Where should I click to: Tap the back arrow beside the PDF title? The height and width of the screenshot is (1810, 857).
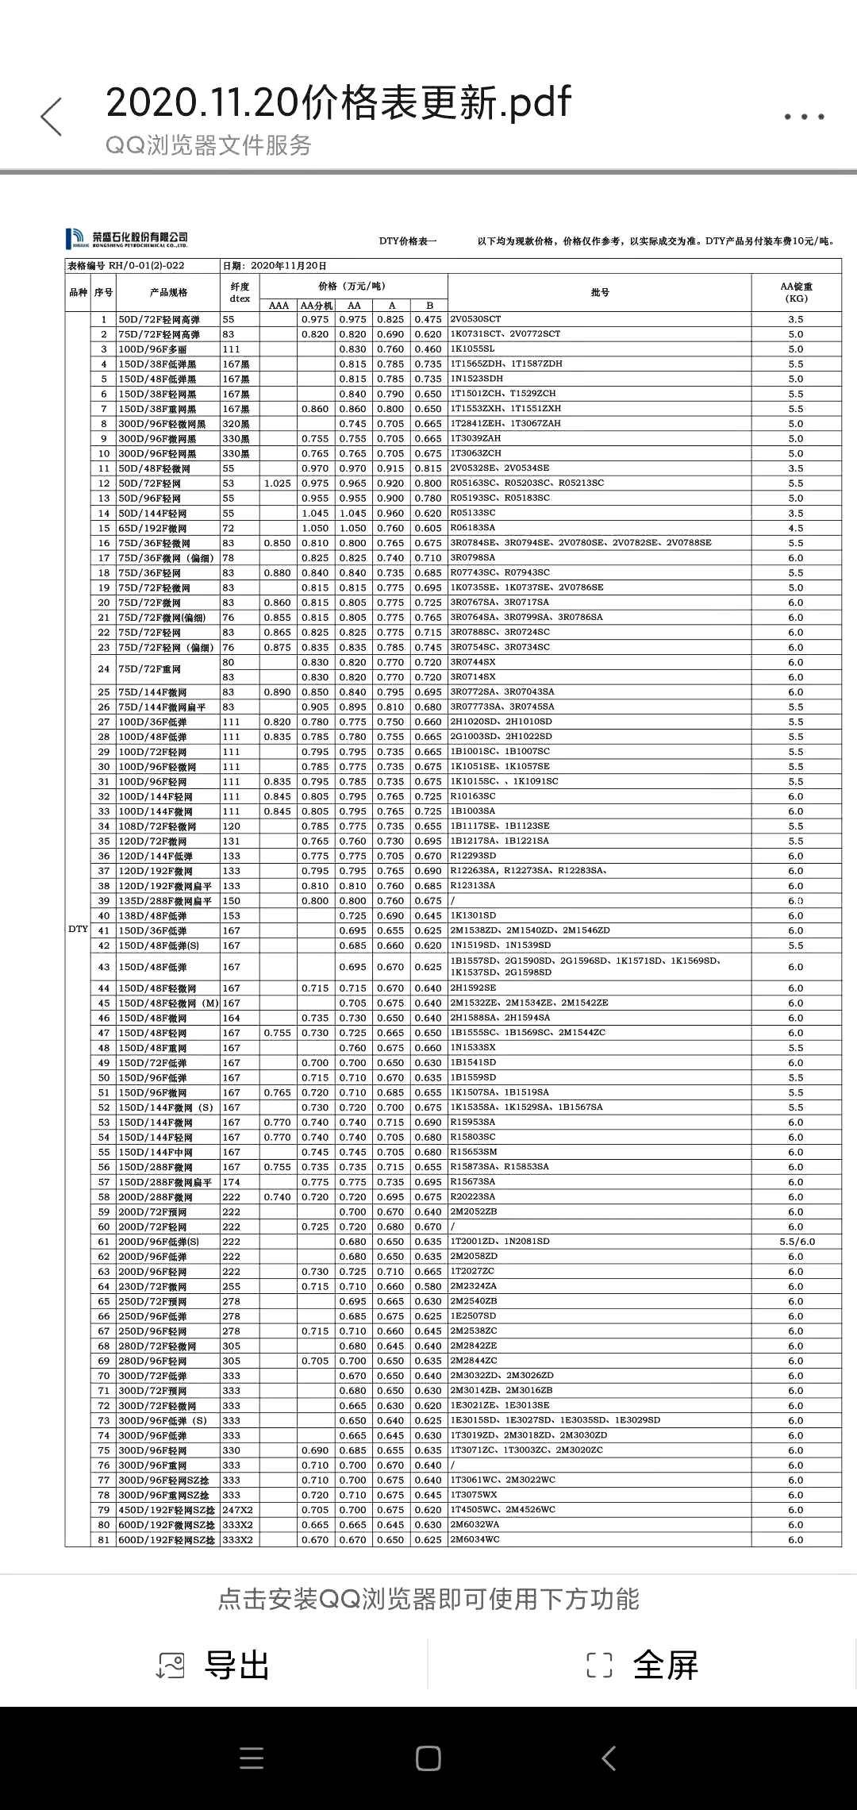pyautogui.click(x=52, y=117)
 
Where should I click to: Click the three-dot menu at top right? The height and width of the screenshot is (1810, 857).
pyautogui.click(x=804, y=117)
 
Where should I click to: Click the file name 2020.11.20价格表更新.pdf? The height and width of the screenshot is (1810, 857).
pyautogui.click(x=338, y=102)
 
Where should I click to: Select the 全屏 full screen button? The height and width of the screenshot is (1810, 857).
pyautogui.click(x=643, y=1665)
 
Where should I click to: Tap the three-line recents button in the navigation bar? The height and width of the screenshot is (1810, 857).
pyautogui.click(x=252, y=1758)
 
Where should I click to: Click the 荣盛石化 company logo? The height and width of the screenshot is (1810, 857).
pyautogui.click(x=127, y=238)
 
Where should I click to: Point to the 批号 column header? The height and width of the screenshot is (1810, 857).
pyautogui.click(x=600, y=292)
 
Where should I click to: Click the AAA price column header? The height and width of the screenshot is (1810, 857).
pyautogui.click(x=279, y=306)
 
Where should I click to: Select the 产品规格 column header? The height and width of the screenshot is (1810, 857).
pyautogui.click(x=168, y=292)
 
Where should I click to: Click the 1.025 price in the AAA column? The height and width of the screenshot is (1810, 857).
pyautogui.click(x=278, y=483)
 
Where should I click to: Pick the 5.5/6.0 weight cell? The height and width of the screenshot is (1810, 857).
pyautogui.click(x=796, y=1242)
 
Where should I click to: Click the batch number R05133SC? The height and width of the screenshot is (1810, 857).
pyautogui.click(x=473, y=513)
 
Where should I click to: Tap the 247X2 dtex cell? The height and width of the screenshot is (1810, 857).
pyautogui.click(x=237, y=1510)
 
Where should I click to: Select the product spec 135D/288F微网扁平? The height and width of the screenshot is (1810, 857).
pyautogui.click(x=165, y=901)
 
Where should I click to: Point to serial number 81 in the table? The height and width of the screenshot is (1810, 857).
pyautogui.click(x=103, y=1540)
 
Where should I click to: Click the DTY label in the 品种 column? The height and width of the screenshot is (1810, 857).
pyautogui.click(x=78, y=929)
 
